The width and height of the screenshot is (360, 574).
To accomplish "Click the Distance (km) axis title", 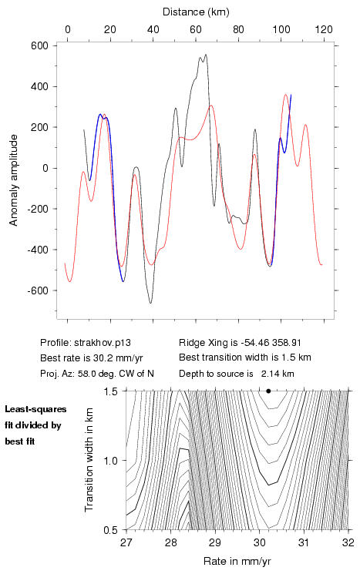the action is (196, 12).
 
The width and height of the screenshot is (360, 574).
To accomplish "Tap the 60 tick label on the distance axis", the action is (196, 29).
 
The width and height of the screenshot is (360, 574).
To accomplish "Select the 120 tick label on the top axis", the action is (324, 29).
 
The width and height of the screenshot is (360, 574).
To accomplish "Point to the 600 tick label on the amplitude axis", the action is (40, 45).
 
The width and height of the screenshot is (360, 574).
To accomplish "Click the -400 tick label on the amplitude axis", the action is (38, 250).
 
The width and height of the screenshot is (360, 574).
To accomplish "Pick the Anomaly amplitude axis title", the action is (14, 180).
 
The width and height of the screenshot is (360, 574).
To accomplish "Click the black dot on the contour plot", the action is (268, 391).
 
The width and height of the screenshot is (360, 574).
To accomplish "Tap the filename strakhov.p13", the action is (103, 343).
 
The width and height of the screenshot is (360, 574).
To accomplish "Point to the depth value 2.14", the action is (269, 374).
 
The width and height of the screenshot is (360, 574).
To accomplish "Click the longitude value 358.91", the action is (287, 343).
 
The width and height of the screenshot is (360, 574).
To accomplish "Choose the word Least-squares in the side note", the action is (35, 409).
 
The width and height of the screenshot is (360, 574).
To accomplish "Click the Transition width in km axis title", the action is (89, 460).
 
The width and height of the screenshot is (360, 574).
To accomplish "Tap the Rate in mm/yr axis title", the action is (237, 561).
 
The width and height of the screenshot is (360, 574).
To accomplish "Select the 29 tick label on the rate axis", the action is (215, 542).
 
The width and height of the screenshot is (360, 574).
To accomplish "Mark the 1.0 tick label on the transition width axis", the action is (110, 461).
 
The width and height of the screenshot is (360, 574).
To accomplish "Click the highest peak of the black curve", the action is (206, 55).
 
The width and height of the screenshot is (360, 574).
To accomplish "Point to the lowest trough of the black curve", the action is (150, 303).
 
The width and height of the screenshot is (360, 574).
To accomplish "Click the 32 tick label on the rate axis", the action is (348, 542).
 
